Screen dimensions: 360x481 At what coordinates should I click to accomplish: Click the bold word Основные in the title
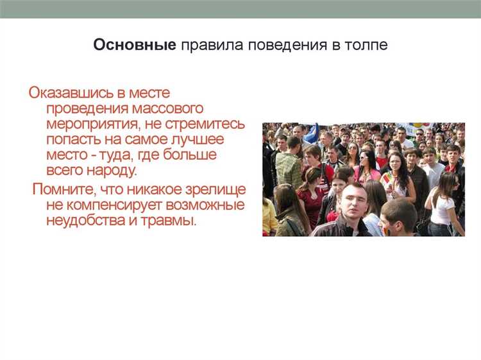point(135,46)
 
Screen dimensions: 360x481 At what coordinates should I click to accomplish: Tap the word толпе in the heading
point(366,46)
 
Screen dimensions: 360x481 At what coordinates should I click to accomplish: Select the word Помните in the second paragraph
point(63,190)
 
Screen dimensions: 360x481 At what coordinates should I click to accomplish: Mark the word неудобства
point(85,221)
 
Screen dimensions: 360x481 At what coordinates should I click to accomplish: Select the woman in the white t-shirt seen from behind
point(443,205)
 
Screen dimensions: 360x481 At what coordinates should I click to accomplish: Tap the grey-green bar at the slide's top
point(240,9)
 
